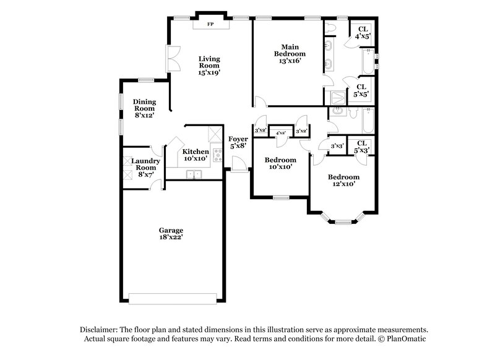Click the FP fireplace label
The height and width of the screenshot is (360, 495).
[x=210, y=24]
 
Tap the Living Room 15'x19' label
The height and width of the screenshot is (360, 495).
[x=209, y=66]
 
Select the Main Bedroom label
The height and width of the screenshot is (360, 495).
[x=291, y=54]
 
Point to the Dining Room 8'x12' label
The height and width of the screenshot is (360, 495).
[x=144, y=108]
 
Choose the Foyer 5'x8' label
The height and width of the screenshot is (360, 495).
[x=238, y=143]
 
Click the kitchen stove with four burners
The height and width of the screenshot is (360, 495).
[x=217, y=155]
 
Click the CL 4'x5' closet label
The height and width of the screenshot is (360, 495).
[x=363, y=32]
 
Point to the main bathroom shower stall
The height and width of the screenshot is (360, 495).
[x=337, y=96]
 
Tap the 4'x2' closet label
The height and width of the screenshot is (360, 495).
[x=280, y=132]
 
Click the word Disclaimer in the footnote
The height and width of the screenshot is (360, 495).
[x=100, y=330]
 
